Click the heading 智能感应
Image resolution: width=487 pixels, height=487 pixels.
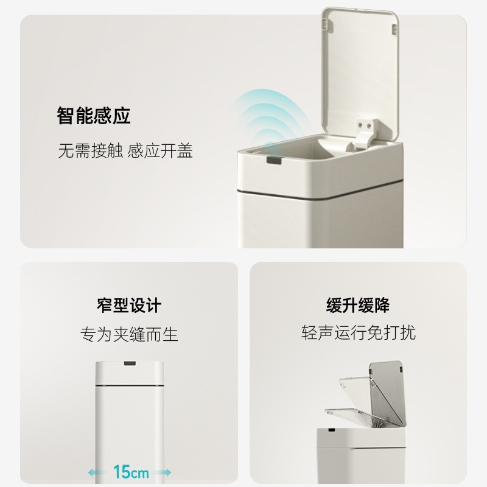point(94,116)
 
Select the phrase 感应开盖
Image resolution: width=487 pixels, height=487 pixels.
point(161,151)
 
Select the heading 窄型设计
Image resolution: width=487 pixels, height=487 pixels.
point(129,305)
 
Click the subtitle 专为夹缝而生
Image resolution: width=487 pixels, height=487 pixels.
point(129,334)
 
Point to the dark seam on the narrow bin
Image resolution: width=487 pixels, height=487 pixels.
point(129,386)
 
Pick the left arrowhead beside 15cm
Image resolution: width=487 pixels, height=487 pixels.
point(91,472)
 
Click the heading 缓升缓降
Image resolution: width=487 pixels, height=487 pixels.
point(358,305)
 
